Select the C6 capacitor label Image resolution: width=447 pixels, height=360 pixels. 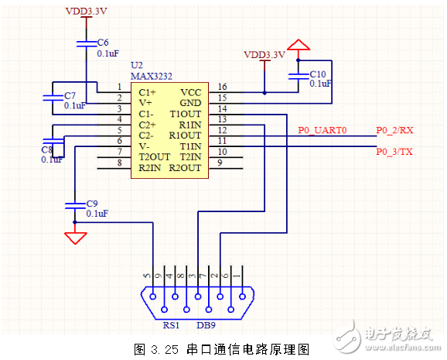pyautogui.click(x=103, y=42)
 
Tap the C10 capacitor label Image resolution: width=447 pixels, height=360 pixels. pyautogui.click(x=318, y=74)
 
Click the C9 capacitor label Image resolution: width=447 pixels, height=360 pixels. pyautogui.click(x=93, y=203)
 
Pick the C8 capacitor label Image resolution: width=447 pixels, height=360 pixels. pyautogui.click(x=46, y=149)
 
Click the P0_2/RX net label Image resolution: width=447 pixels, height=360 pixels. pyautogui.click(x=395, y=130)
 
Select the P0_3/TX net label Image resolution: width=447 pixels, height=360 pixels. pyautogui.click(x=394, y=151)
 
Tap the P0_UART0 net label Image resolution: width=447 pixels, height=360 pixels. pyautogui.click(x=322, y=130)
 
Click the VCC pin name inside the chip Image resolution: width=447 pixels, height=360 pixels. pyautogui.click(x=191, y=91)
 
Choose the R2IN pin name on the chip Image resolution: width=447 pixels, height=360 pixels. pyautogui.click(x=150, y=167)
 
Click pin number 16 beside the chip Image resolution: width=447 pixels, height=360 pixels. pyautogui.click(x=223, y=87)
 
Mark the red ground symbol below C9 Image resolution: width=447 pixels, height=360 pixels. pyautogui.click(x=74, y=237)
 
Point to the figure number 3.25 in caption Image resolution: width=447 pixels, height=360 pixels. pyautogui.click(x=162, y=348)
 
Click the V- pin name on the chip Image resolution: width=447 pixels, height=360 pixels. pyautogui.click(x=145, y=146)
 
